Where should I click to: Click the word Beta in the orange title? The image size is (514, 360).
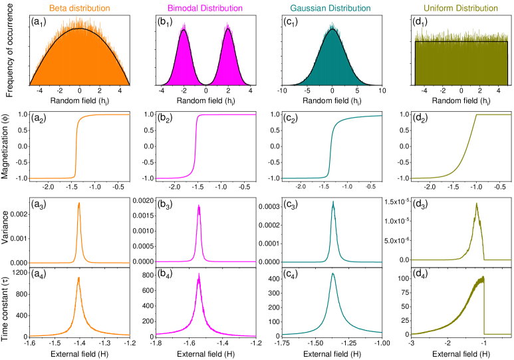(58, 9)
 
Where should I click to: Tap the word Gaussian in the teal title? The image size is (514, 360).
(308, 9)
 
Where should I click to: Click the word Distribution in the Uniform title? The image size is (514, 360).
(476, 9)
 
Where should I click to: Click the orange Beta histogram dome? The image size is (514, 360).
(79, 60)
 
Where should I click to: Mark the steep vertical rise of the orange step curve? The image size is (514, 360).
(76, 146)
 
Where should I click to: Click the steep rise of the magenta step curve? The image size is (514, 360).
(195, 146)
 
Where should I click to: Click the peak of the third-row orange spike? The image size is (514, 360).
(79, 204)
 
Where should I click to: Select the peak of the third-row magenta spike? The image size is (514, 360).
(199, 206)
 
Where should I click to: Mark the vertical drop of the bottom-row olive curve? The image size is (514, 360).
(484, 306)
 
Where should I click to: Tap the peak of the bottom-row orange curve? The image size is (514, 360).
(79, 278)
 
